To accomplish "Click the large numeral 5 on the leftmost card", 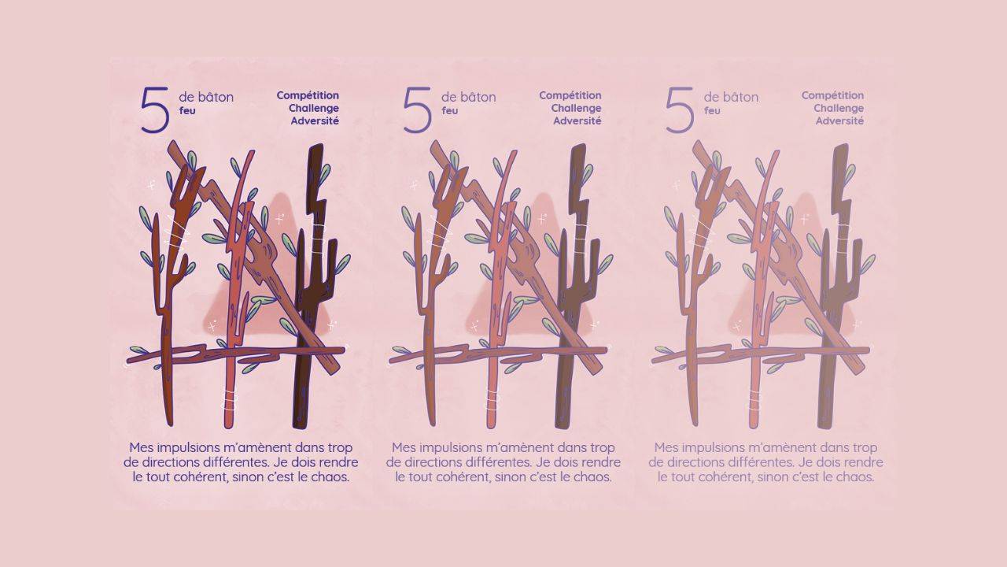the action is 155,109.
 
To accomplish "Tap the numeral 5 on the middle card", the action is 418,109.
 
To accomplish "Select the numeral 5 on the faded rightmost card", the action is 680,109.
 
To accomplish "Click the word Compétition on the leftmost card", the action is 308,96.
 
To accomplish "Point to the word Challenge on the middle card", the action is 576,109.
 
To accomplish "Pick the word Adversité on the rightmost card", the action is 839,121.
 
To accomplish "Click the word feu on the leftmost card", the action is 187,110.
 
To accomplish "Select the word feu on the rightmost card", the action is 712,110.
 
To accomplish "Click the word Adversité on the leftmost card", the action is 315,121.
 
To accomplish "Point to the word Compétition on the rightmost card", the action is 832,96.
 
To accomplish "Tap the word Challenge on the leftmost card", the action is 314,109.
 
